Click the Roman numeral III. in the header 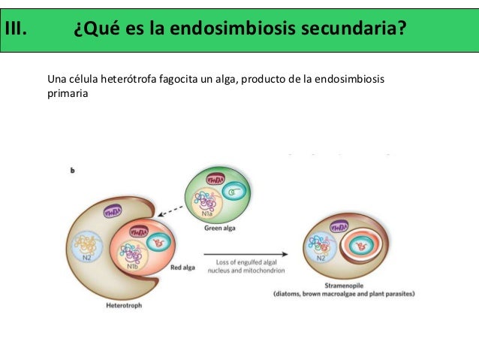click(17, 30)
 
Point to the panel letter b click(72, 171)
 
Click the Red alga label click(185, 266)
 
